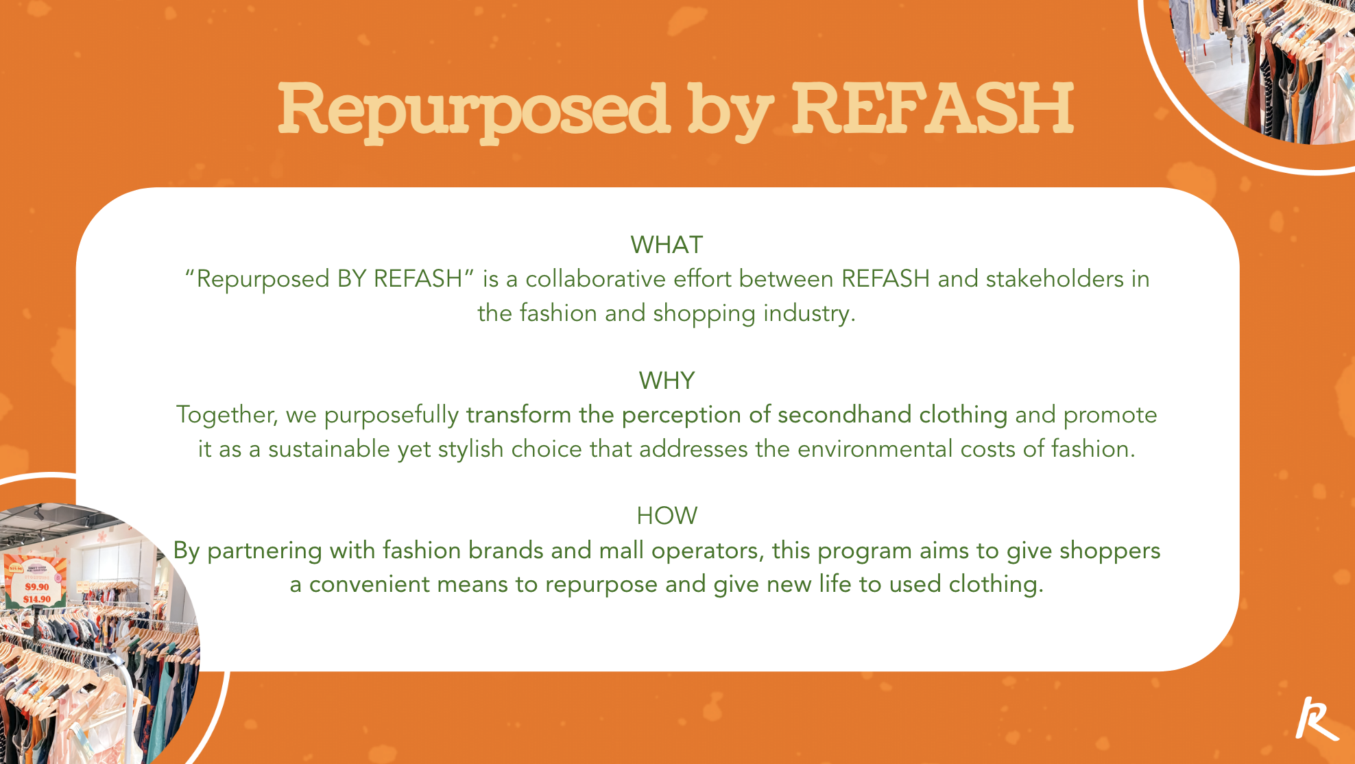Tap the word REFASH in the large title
pos(933,108)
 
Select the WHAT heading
pos(667,245)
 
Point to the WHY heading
pos(667,381)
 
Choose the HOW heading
pos(667,516)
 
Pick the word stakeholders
pos(1055,279)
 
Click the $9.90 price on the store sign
pos(37,586)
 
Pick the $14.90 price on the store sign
pos(37,599)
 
